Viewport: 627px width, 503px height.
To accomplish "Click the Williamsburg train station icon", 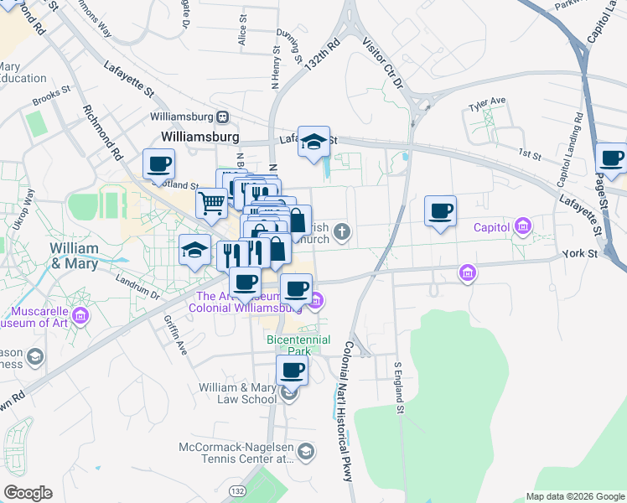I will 223,117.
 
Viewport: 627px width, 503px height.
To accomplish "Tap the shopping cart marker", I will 211,201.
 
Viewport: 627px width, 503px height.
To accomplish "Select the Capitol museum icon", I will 523,226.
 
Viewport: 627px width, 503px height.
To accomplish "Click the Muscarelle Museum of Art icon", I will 80,315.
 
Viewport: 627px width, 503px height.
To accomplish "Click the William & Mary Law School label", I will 237,393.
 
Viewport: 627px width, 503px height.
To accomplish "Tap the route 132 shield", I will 238,490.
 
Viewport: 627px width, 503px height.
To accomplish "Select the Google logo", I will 28,492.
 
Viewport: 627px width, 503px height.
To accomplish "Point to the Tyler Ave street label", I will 488,101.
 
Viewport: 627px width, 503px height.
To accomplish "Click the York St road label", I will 578,252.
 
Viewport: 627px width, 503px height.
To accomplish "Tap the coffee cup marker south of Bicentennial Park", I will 292,370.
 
